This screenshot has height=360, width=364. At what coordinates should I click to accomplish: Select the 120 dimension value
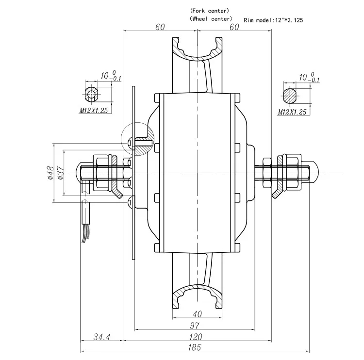(x=197, y=336)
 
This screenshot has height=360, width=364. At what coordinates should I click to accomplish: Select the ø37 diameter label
(x=61, y=172)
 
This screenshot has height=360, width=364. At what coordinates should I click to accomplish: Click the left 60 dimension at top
(x=160, y=27)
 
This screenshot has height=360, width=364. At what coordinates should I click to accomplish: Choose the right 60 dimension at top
(x=233, y=27)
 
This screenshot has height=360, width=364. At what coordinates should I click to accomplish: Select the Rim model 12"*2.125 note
(x=274, y=20)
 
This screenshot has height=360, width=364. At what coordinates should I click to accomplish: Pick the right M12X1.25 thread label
(x=293, y=112)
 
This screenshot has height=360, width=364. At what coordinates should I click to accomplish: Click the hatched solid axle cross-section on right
(x=290, y=95)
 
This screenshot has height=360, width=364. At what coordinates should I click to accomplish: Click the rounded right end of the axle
(x=314, y=172)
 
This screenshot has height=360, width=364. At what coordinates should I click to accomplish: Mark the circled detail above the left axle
(x=137, y=140)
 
